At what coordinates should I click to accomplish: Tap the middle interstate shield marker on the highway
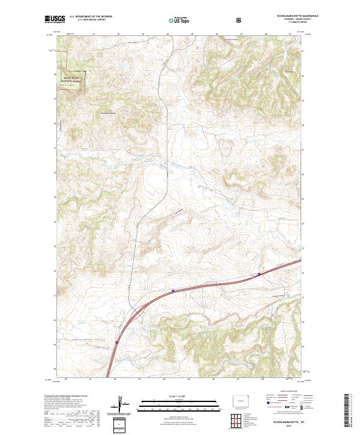pyautogui.click(x=173, y=291)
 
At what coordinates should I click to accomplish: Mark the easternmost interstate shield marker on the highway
pyautogui.click(x=259, y=275)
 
